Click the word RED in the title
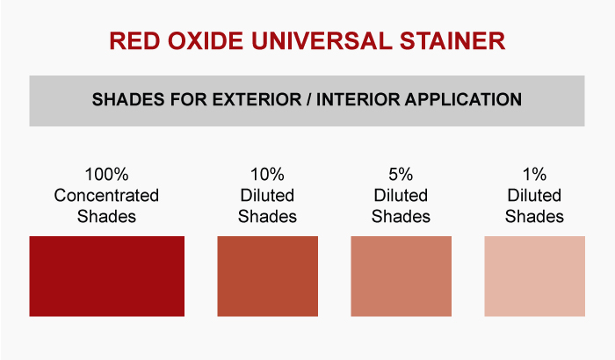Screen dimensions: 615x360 click(x=134, y=40)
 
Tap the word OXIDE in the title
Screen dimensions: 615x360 click(x=206, y=40)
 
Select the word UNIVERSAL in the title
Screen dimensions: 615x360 click(x=322, y=40)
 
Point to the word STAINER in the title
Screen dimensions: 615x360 click(x=452, y=40)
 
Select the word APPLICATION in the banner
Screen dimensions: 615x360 click(x=463, y=99)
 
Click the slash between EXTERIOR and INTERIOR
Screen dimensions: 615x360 click(x=309, y=99)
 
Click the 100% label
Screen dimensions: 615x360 click(x=106, y=175)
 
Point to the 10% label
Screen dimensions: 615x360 click(x=267, y=175)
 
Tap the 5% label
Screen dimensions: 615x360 click(x=401, y=175)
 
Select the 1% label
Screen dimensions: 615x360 click(x=534, y=175)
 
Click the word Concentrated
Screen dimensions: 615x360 click(x=106, y=195)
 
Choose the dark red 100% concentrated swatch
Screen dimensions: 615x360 click(x=106, y=276)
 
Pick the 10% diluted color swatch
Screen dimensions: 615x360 click(x=267, y=276)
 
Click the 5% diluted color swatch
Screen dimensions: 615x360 click(x=401, y=276)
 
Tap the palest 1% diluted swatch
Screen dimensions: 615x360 click(x=534, y=276)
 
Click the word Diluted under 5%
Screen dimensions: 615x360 click(x=401, y=195)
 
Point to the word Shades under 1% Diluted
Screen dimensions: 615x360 click(x=534, y=217)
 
